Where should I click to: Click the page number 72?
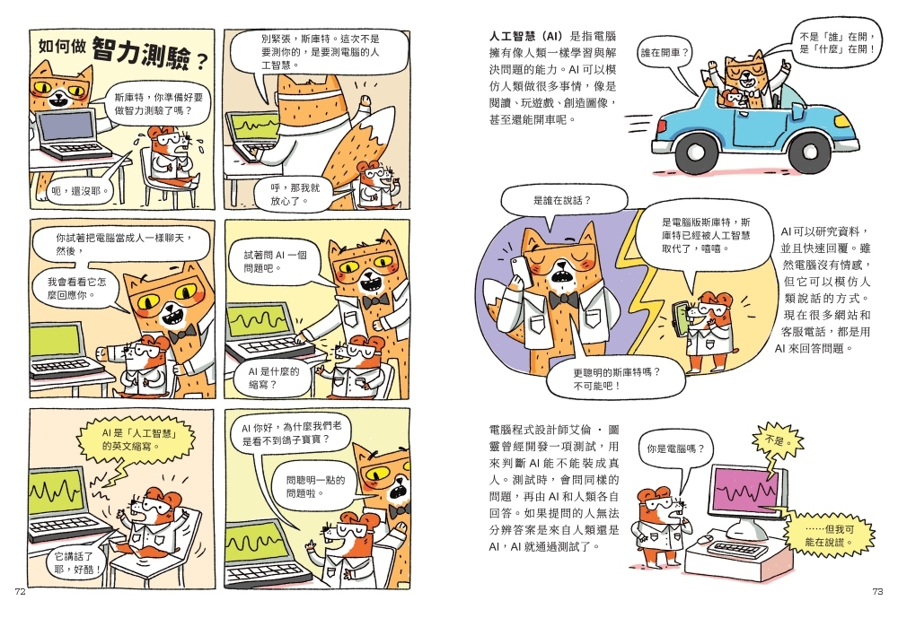pyautogui.click(x=20, y=592)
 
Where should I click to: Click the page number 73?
pyautogui.click(x=877, y=592)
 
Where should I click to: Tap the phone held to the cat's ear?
pyautogui.click(x=520, y=269)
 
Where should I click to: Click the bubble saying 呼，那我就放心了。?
pyautogui.click(x=295, y=195)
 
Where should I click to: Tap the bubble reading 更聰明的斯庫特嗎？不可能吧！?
pyautogui.click(x=616, y=379)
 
